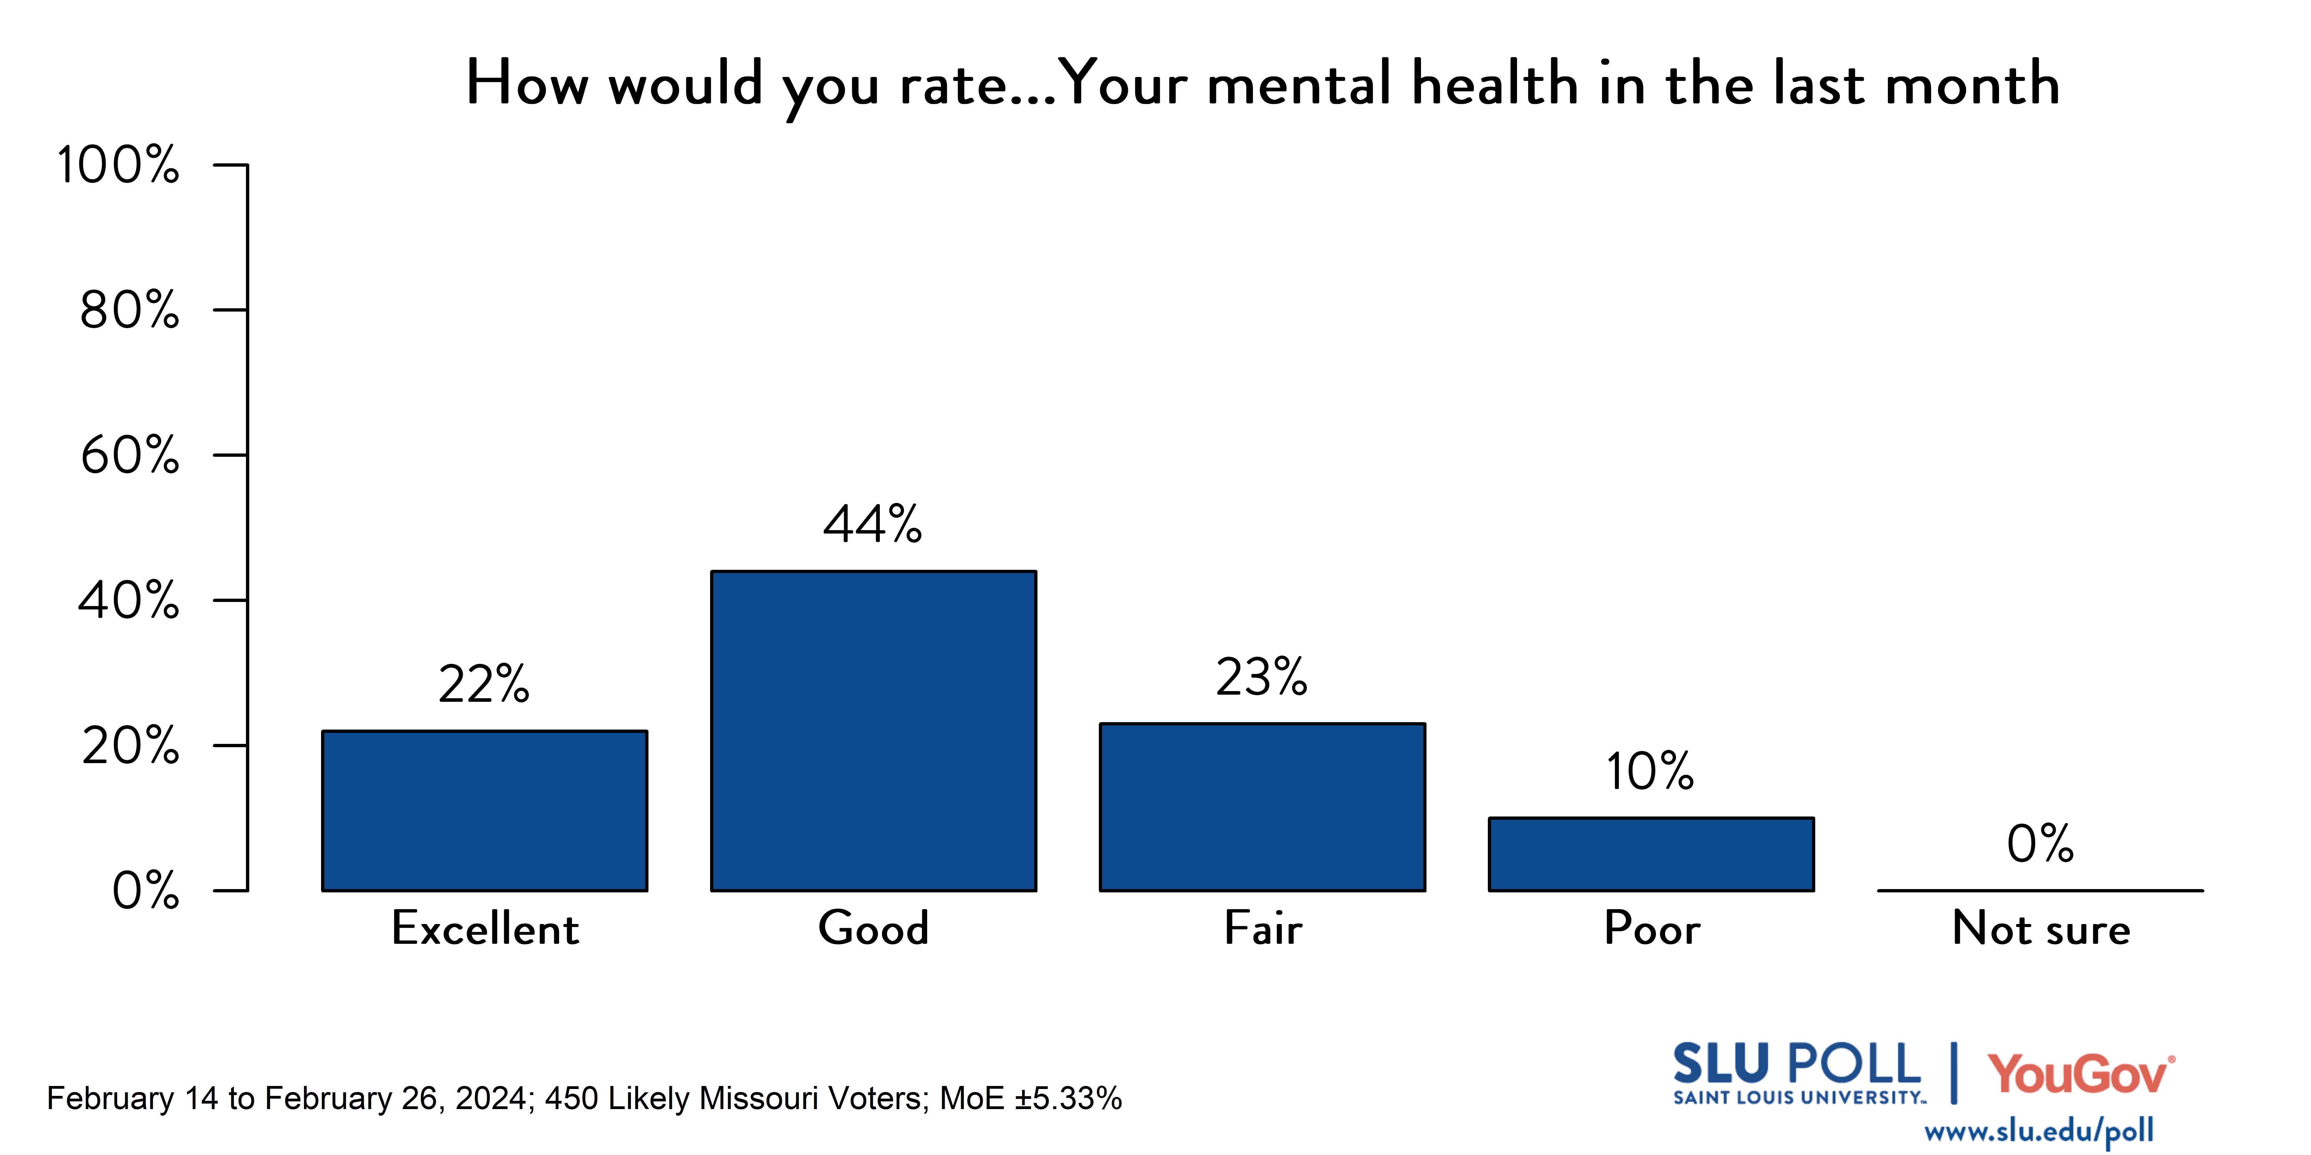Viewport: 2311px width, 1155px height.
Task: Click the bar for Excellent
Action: tap(484, 811)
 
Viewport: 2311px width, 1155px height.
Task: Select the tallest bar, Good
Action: tap(874, 731)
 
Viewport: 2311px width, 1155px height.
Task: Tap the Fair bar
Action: tap(1262, 807)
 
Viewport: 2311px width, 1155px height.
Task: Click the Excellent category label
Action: tap(484, 928)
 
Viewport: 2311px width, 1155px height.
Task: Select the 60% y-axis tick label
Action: tap(130, 456)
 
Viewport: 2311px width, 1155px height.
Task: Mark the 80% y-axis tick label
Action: tap(130, 310)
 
